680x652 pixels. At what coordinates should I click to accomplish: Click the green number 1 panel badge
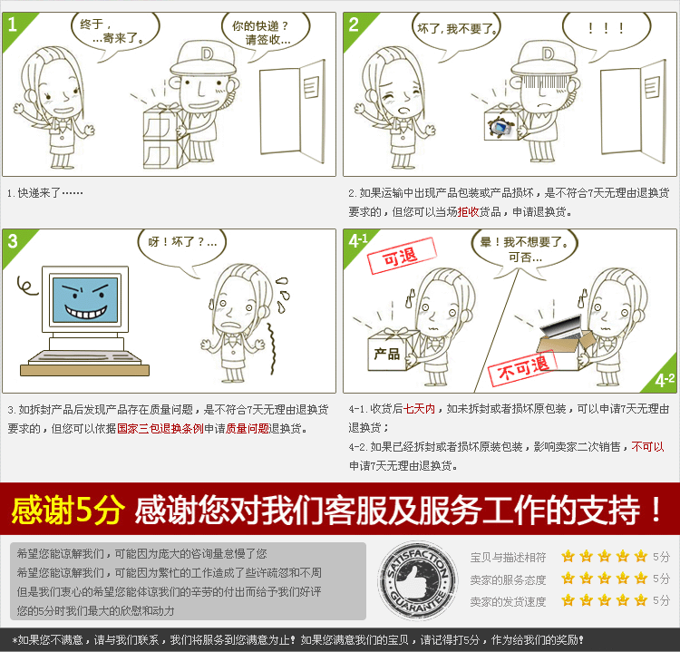[15, 27]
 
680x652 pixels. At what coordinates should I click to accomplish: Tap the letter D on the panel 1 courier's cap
[208, 54]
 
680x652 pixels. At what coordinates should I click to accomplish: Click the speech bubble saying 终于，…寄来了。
[115, 31]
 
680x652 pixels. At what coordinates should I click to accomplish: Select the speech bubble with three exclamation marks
[606, 30]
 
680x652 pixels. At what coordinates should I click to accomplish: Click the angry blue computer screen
[85, 300]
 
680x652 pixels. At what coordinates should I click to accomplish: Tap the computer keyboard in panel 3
[84, 358]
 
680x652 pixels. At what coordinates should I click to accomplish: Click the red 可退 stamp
[402, 256]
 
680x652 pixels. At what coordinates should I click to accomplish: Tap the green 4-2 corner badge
[665, 376]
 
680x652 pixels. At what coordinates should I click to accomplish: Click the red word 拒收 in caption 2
[468, 211]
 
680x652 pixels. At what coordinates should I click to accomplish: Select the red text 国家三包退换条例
[160, 429]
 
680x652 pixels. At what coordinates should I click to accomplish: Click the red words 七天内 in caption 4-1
[420, 409]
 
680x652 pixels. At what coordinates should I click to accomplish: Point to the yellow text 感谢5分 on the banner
[68, 510]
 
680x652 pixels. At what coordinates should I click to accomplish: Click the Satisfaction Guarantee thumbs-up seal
[417, 582]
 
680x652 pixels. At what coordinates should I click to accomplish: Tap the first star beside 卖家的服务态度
[568, 578]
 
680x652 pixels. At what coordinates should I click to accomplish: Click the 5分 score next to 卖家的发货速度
[661, 600]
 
